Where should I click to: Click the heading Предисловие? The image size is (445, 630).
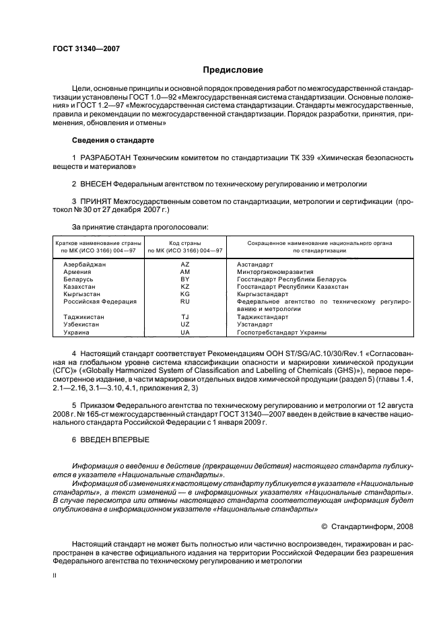[x=233, y=70]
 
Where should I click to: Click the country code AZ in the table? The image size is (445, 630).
[x=185, y=265]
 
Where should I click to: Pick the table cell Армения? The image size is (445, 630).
[x=76, y=272]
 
